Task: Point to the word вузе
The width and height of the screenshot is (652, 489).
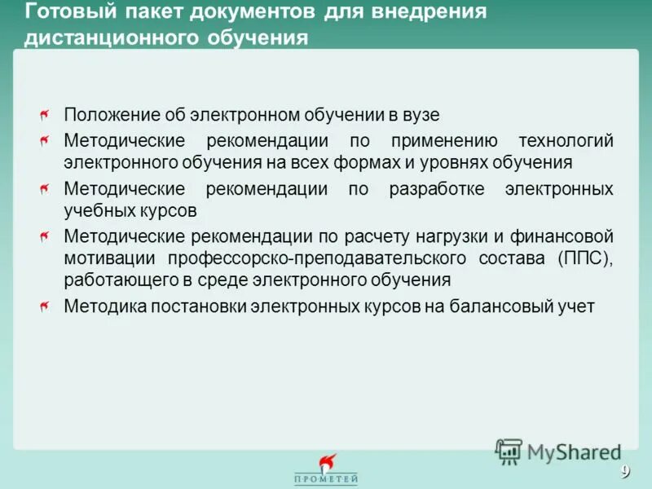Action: pos(421,116)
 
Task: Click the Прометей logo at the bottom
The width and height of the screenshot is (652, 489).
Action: pos(326,471)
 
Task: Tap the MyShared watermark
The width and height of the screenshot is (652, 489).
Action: pos(559,451)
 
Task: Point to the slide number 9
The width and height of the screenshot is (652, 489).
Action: pos(625,471)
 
